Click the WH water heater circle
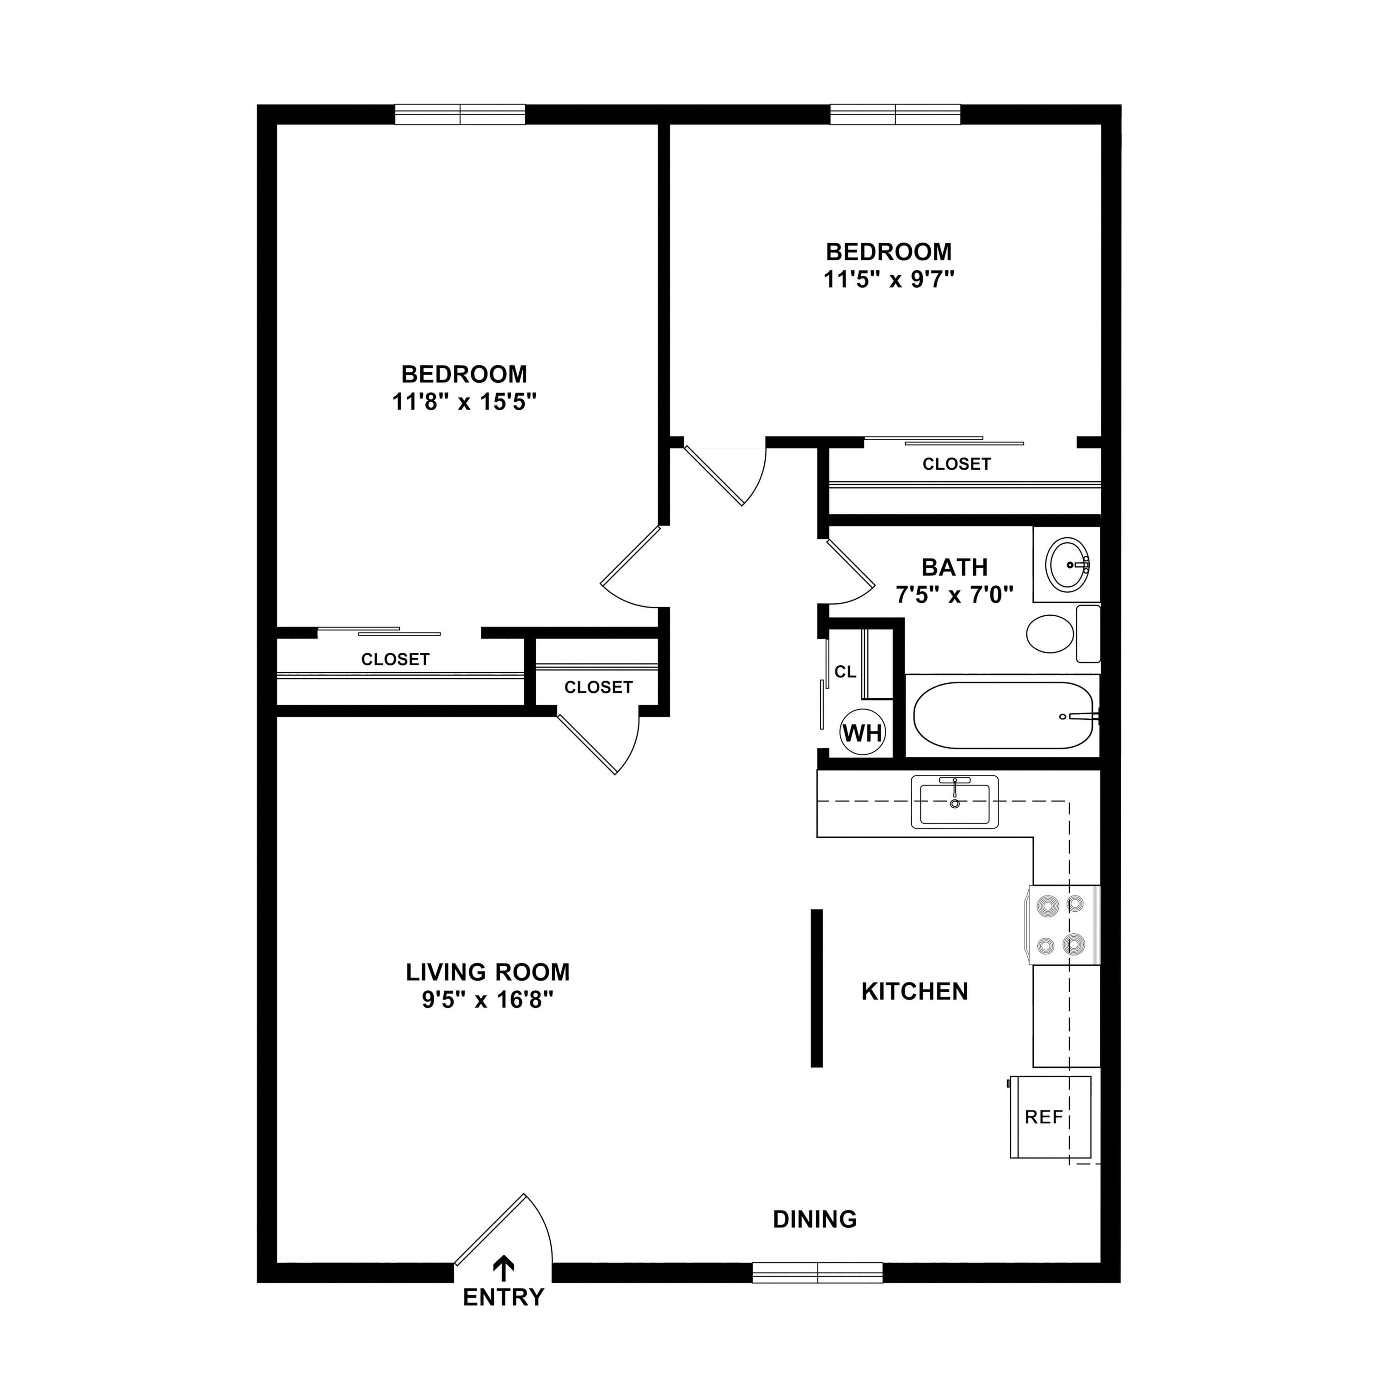coord(862,733)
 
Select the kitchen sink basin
coord(954,803)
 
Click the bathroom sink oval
coord(1068,564)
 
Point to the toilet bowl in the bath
coord(1049,634)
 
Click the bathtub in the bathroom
coord(1002,716)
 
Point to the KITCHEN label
coord(914,991)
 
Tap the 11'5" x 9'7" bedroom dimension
coord(889,278)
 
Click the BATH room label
coord(955,567)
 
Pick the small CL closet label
coord(845,672)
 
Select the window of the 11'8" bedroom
coord(460,115)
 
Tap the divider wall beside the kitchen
coord(816,988)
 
